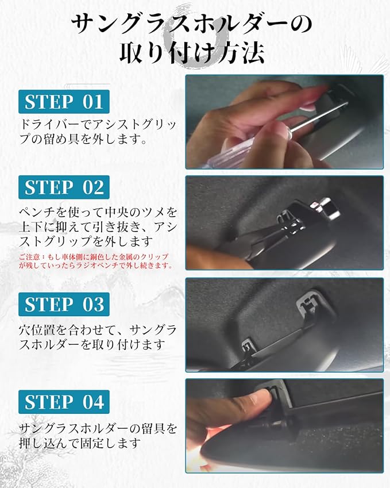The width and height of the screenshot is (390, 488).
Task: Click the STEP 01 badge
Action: click(64, 102)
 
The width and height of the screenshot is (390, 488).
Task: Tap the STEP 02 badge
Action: click(64, 187)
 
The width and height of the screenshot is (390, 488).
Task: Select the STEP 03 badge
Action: click(64, 304)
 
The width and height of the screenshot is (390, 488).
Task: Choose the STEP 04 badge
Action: click(64, 402)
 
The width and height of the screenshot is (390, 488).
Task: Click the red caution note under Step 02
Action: click(95, 261)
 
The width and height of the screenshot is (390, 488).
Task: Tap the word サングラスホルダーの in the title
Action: click(192, 24)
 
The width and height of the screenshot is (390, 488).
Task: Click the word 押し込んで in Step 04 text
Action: click(49, 443)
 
